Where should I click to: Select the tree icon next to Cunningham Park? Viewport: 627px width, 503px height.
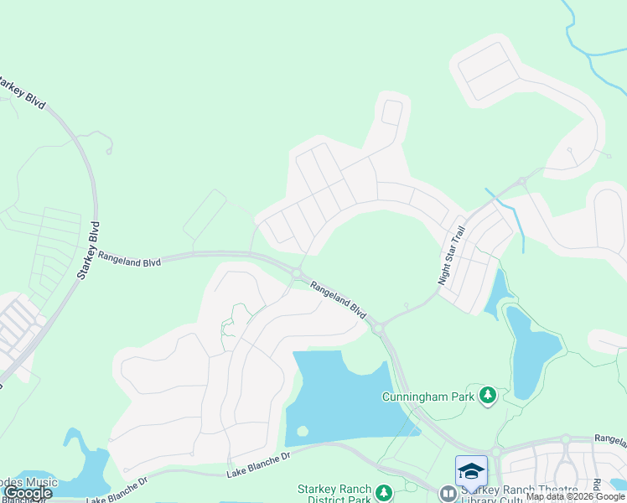click(486, 394)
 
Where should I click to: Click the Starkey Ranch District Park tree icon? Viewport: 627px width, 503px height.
click(384, 492)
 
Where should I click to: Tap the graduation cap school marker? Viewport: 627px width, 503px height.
click(470, 470)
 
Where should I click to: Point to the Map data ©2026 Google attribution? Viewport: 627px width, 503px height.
click(575, 496)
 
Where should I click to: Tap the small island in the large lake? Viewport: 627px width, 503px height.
click(303, 431)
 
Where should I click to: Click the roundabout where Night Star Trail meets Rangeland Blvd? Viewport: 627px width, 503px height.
click(378, 327)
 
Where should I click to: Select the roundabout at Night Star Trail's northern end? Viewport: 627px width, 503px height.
click(521, 181)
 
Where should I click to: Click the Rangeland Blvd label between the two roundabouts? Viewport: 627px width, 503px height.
click(339, 299)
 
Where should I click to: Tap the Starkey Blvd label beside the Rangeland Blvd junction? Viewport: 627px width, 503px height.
click(89, 249)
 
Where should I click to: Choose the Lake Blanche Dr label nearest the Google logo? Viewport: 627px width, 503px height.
click(117, 490)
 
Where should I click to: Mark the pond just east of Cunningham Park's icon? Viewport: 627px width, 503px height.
click(532, 352)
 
